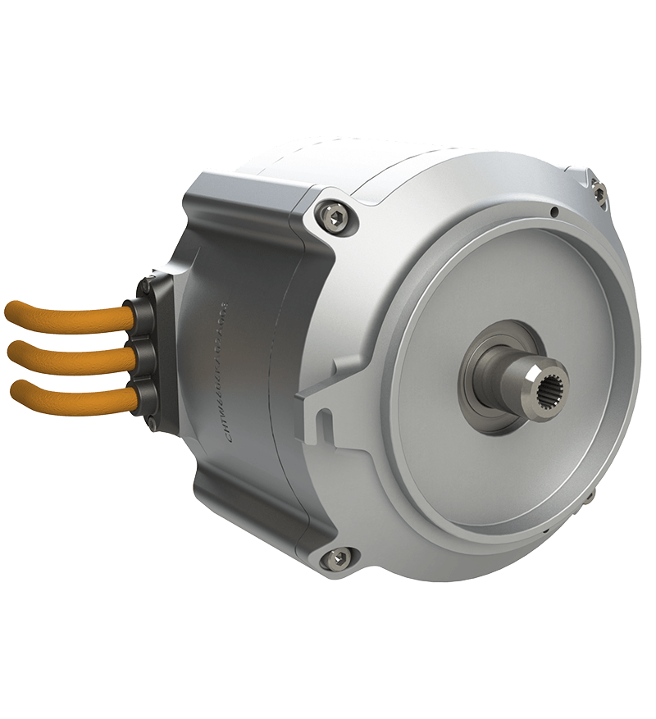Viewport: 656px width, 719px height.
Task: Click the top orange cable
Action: tap(66, 313)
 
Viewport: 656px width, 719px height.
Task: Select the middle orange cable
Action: tap(66, 356)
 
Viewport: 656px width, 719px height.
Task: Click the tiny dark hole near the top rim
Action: tap(554, 212)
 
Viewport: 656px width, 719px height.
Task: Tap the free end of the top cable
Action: tap(10, 312)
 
